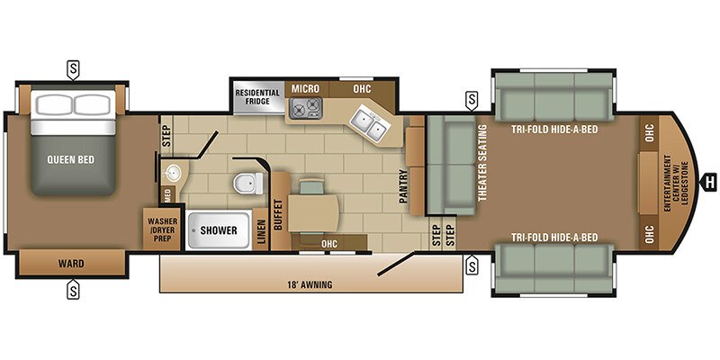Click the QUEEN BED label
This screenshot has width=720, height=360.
click(71, 160)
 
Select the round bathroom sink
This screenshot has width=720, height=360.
click(173, 173)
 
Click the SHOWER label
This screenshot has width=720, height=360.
click(219, 230)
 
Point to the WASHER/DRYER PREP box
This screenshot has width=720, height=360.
click(162, 229)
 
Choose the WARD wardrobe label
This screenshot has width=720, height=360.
click(71, 264)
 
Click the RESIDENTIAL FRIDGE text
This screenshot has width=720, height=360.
click(257, 97)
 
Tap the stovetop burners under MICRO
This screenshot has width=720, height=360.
click(306, 107)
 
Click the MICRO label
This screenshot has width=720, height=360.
click(305, 88)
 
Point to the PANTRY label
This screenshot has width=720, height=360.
click(402, 186)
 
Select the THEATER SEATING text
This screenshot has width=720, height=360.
click(481, 163)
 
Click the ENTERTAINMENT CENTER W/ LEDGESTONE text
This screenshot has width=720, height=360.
click(676, 184)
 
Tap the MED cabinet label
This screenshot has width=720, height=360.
click(167, 194)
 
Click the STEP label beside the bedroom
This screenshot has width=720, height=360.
click(166, 136)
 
